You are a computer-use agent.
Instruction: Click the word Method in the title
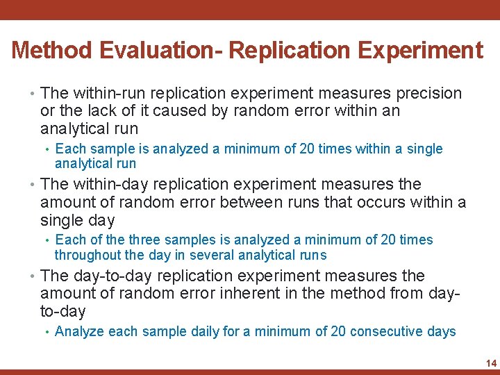51,50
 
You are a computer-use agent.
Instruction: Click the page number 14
491,363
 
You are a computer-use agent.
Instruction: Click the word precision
428,93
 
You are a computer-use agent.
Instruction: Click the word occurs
376,202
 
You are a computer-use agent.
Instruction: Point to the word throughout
87,255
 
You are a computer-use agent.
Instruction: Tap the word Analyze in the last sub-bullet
79,331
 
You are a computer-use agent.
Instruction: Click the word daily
201,331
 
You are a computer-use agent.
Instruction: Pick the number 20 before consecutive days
338,331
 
